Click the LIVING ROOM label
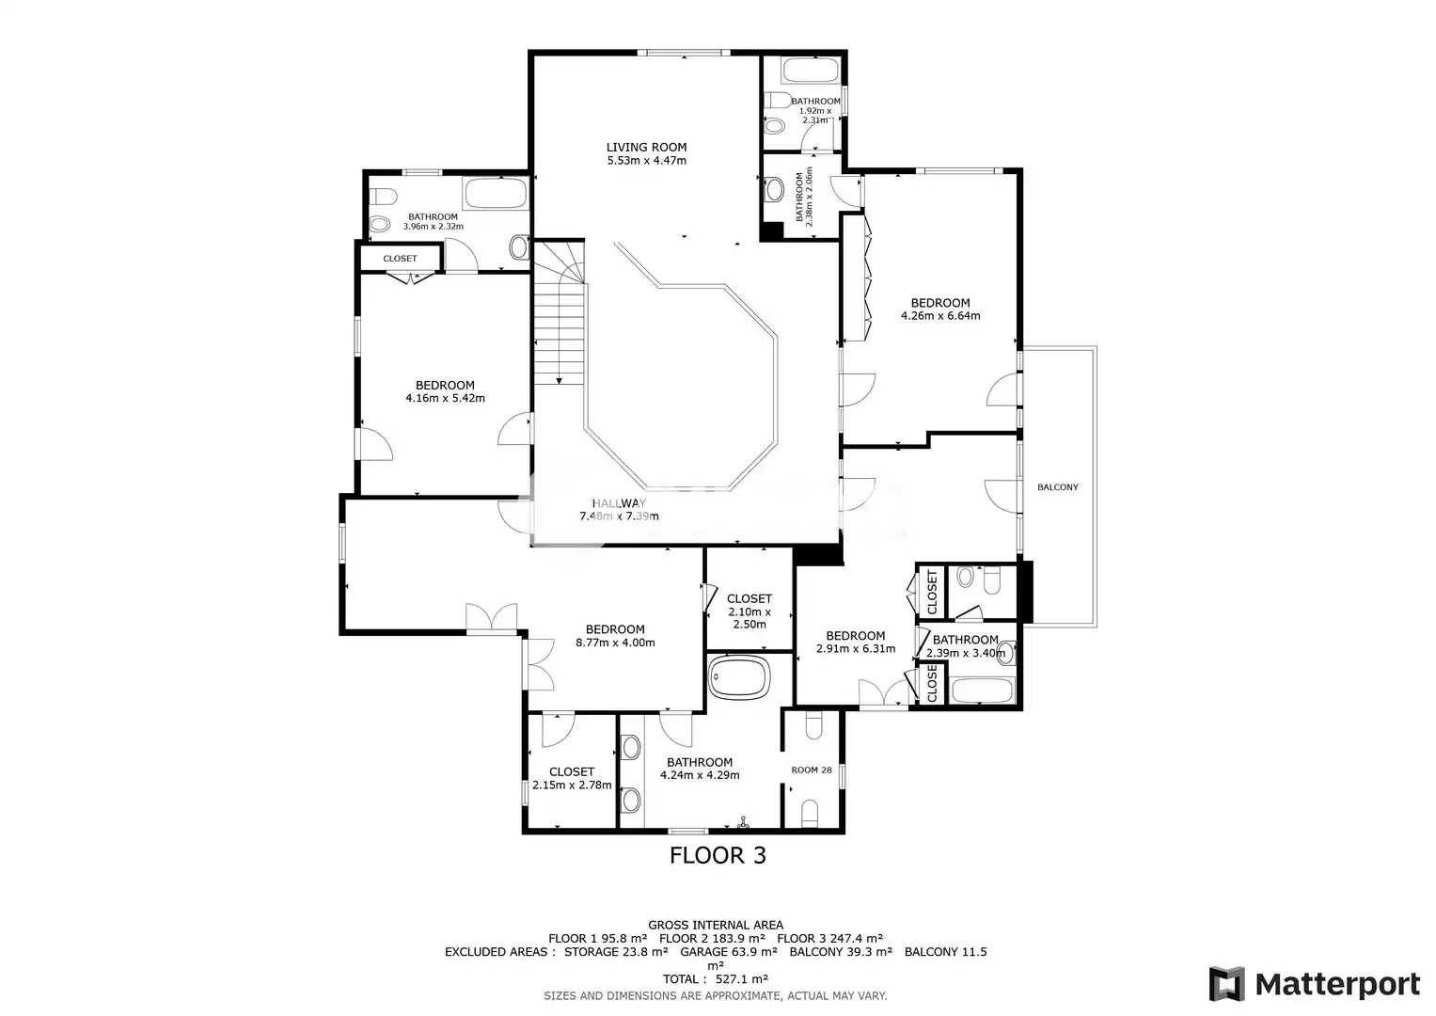(x=646, y=148)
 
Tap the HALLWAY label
(x=619, y=503)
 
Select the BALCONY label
(x=1058, y=487)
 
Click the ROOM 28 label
(x=811, y=770)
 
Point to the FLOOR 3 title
(x=718, y=856)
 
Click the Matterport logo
(x=1315, y=984)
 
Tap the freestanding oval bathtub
(x=739, y=677)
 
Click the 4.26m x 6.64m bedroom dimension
(x=940, y=315)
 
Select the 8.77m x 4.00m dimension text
(x=615, y=643)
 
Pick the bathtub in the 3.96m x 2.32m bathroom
(x=496, y=193)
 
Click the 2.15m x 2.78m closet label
(x=572, y=779)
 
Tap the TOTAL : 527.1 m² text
(x=716, y=979)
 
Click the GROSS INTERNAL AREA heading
(x=716, y=925)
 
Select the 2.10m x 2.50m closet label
(x=750, y=611)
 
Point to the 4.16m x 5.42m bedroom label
(x=445, y=392)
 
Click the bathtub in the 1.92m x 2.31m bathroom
(x=811, y=71)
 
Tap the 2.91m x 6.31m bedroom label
(x=856, y=642)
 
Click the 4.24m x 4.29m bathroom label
(x=700, y=769)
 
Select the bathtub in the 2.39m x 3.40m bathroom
(x=982, y=691)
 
